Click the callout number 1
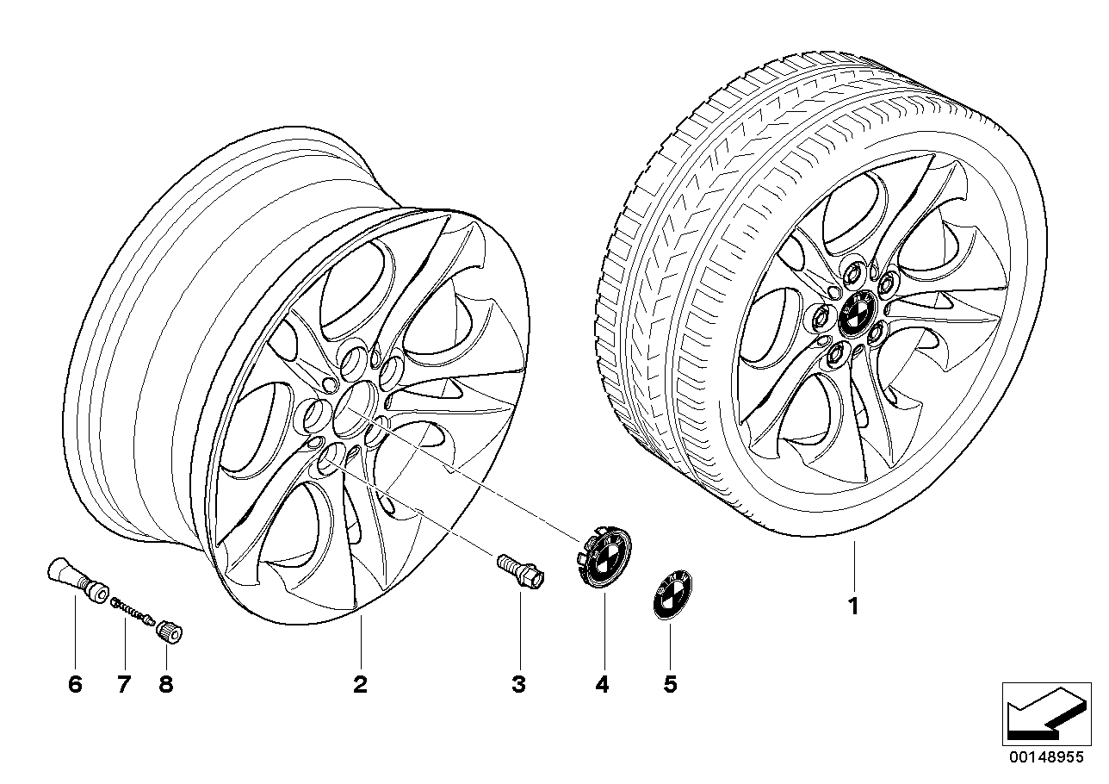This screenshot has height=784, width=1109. point(852,607)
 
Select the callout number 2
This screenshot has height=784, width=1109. point(360,685)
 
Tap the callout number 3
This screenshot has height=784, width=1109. point(518,685)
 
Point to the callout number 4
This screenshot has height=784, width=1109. point(602,685)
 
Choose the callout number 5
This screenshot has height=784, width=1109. point(671,685)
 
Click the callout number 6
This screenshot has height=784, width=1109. point(74,685)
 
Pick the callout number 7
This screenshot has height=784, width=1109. point(123,685)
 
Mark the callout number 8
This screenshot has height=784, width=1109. point(165,685)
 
